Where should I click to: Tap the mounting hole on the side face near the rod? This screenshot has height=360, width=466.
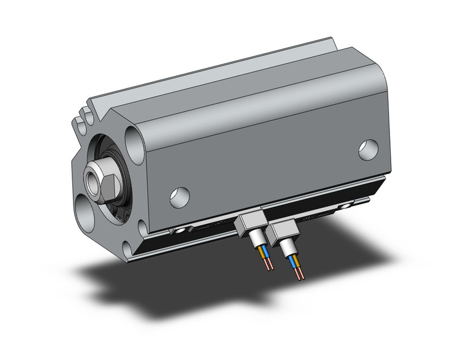coord(180,196)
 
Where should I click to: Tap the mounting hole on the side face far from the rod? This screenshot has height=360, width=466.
coord(369,150)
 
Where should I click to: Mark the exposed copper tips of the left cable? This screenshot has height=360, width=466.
coord(268,265)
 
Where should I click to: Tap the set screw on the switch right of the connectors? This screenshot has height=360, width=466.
coord(349,204)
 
